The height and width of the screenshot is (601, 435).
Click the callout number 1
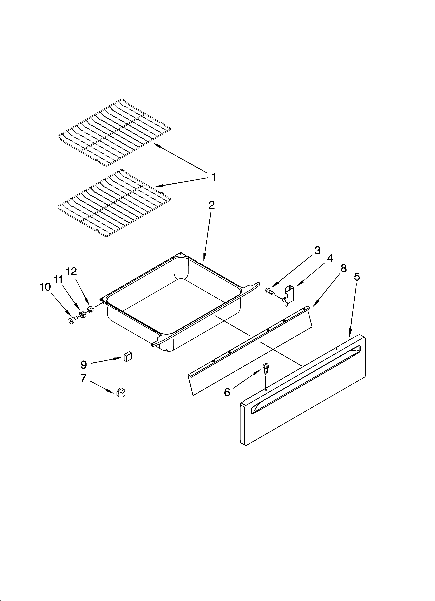[x=213, y=177]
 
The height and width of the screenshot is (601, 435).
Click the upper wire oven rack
[x=114, y=132]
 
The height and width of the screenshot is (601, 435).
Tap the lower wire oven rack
[x=114, y=203]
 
